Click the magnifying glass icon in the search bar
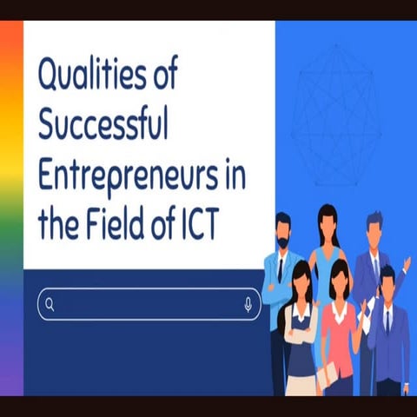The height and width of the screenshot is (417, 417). pos(50,304)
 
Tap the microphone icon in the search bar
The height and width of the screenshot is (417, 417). pos(248,304)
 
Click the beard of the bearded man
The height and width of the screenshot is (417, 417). pos(282,242)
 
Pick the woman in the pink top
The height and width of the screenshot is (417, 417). pos(339,330)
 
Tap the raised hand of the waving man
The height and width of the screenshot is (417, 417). pos(407,261)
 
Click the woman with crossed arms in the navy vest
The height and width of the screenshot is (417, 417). pos(301,330)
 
